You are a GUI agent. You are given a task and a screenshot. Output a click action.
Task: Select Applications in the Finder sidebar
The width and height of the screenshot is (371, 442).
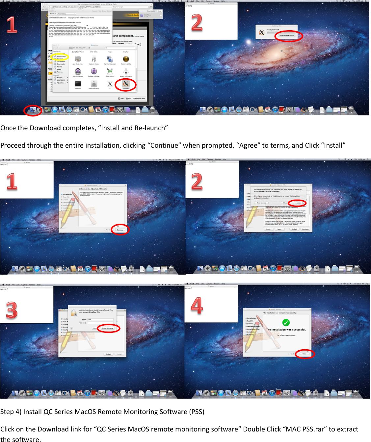click(61, 56)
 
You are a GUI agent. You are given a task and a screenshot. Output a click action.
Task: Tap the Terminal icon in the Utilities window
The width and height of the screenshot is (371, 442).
click(78, 84)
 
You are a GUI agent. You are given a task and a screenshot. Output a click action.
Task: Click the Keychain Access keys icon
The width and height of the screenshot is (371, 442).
click(94, 59)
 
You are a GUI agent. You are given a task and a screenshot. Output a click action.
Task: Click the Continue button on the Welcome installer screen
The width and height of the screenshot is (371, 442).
click(120, 230)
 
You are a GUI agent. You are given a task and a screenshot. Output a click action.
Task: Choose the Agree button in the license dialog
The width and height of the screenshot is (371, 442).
click(298, 203)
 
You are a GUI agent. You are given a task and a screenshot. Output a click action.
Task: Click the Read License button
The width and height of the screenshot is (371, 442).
click(261, 203)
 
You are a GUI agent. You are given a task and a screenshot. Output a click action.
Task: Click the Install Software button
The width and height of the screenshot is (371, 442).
click(107, 328)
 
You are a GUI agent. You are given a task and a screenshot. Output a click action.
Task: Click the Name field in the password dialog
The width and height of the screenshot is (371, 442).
click(100, 319)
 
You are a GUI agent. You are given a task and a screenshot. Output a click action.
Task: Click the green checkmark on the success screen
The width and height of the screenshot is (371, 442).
click(286, 322)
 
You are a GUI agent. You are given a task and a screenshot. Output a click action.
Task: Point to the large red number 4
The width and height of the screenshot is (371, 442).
click(197, 305)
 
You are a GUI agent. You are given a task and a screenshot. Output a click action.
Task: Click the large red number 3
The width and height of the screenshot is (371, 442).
click(12, 310)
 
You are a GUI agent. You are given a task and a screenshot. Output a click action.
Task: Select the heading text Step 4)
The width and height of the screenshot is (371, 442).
click(11, 412)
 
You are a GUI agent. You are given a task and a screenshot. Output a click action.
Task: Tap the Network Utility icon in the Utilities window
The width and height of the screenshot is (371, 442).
click(126, 59)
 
